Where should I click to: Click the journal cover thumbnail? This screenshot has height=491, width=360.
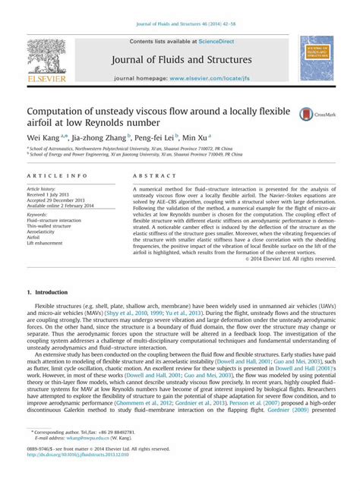pos(316,58)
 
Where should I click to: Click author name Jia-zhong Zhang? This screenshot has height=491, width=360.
pos(99,137)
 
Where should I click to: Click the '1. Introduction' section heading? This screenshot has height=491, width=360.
pos(47,292)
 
